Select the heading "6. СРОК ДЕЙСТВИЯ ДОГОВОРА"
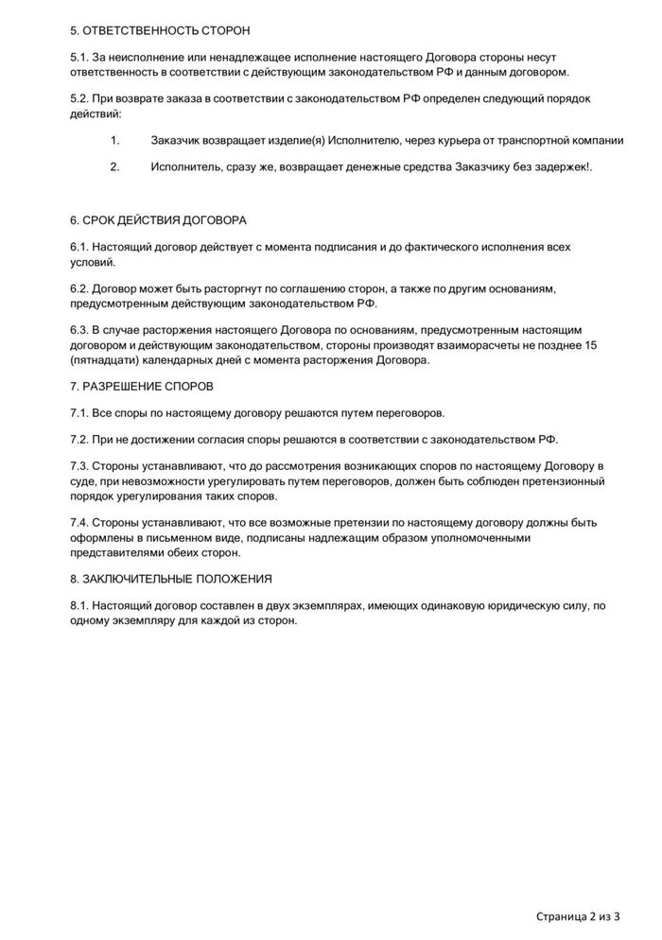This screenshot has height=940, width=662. click(x=158, y=220)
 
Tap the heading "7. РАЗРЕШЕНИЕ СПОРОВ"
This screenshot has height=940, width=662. click(x=142, y=386)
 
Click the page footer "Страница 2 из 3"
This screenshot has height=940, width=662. click(x=578, y=915)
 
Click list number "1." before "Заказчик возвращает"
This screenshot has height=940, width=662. click(x=115, y=141)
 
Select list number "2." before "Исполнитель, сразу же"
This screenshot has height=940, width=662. click(x=115, y=167)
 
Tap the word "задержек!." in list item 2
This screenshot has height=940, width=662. click(x=565, y=167)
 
